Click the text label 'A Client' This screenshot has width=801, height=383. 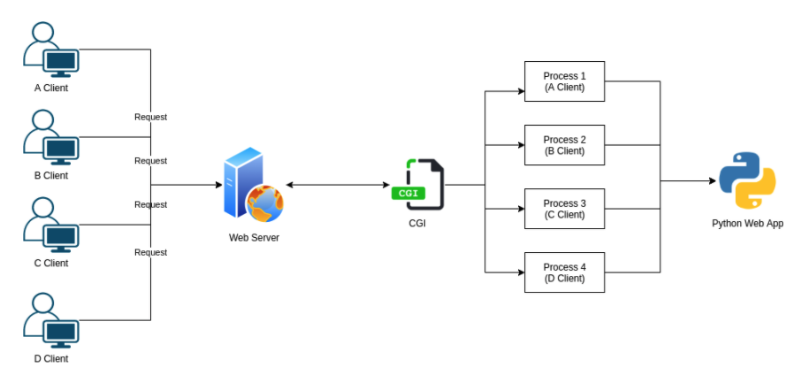pos(50,88)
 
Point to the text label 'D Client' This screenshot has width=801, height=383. pos(50,359)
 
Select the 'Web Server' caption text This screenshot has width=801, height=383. pos(254,238)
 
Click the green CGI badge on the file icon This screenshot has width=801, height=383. pos(408,191)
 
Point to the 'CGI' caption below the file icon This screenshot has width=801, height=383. pos(417,223)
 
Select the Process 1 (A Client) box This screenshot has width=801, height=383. pos(564,82)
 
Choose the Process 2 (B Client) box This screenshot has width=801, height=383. pos(564,145)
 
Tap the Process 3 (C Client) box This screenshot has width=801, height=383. pos(564,210)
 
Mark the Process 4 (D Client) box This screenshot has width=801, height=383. pos(564,272)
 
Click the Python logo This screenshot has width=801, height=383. pos(747,180)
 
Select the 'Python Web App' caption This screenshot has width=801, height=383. pos(747,224)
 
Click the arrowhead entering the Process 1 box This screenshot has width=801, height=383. pos(520,89)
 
